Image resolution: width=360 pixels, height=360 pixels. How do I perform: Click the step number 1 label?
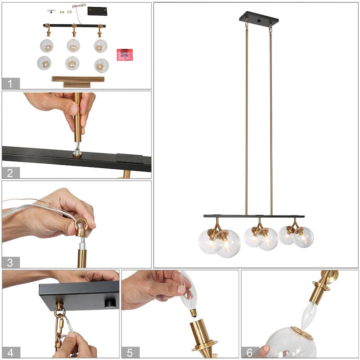click(11, 83)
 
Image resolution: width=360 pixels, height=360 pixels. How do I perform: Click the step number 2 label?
click(11, 172)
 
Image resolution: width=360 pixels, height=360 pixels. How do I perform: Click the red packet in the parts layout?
click(125, 54)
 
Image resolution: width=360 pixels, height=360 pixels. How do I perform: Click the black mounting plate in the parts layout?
click(97, 11)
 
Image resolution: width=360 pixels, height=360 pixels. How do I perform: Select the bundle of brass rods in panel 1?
click(77, 81)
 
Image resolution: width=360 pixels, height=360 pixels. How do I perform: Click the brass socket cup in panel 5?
click(201, 335)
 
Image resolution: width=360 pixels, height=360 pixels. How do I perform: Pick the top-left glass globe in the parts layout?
click(46, 45)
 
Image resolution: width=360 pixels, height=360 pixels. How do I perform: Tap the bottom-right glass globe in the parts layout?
click(101, 65)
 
